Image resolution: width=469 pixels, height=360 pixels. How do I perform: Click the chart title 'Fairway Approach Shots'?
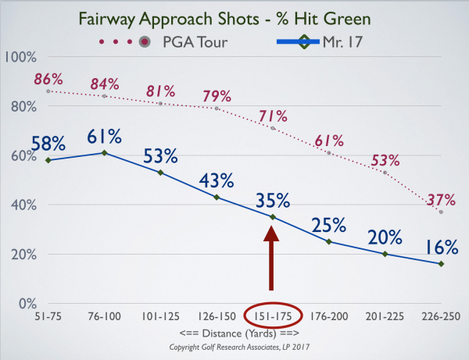169,20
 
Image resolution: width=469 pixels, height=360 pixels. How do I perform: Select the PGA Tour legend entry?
163,42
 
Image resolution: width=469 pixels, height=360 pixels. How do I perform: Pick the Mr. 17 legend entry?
320,42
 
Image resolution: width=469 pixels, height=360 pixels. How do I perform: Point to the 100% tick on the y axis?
20,57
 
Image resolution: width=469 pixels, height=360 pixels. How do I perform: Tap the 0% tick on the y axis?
27,304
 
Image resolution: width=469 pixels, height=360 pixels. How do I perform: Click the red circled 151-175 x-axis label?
273,316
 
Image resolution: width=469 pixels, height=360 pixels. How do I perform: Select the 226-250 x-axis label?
441,316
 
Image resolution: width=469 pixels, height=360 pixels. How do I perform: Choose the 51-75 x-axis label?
48,316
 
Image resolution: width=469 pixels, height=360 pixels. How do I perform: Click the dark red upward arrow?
271,258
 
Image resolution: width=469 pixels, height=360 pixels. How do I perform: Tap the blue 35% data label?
273,200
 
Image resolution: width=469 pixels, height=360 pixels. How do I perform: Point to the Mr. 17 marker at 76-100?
105,153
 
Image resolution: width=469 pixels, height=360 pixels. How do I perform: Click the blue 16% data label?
441,247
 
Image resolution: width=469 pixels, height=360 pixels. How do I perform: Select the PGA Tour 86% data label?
48,79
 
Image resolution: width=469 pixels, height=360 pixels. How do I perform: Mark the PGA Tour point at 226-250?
441,212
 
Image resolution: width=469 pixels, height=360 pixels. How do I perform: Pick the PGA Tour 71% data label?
273,116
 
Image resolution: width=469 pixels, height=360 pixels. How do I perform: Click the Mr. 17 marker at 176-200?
329,242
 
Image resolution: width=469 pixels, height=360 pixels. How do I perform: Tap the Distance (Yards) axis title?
239,333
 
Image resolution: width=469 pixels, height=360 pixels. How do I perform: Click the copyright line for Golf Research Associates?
239,348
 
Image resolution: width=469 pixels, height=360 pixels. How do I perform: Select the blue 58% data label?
48,144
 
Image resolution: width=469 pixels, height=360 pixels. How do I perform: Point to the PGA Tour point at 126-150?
217,109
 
